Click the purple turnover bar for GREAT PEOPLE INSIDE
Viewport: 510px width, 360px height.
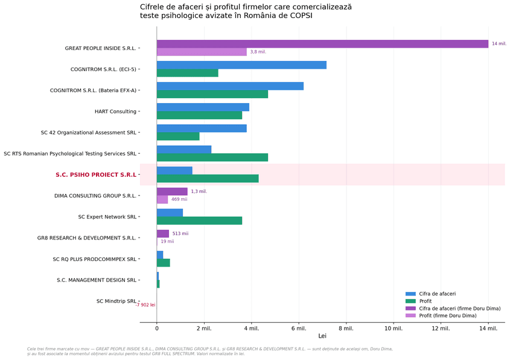tap(322, 44)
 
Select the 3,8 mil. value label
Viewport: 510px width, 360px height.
tap(258, 52)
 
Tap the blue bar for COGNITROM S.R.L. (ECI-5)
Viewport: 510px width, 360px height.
tap(241, 65)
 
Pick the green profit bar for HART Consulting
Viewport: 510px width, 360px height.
tap(199, 115)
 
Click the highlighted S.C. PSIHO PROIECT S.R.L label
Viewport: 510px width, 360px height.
tap(96, 175)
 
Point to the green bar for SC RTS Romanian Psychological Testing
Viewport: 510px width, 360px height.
tap(212, 157)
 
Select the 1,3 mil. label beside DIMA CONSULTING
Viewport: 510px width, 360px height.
tap(199, 191)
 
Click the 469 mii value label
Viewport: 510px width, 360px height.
tap(179, 199)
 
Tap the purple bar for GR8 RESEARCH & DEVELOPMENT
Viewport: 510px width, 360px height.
tap(162, 233)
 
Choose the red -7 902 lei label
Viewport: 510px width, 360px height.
tap(145, 305)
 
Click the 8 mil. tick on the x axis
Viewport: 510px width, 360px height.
tap(346, 329)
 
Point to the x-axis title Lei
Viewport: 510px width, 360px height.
tap(322, 336)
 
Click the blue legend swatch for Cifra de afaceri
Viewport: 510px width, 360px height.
tap(410, 294)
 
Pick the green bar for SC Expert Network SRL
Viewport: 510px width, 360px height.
tap(199, 221)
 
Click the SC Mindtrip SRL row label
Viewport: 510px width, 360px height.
tap(116, 301)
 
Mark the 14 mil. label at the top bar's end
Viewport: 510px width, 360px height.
tap(499, 43)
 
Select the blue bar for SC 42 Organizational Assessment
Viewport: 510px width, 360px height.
tap(202, 128)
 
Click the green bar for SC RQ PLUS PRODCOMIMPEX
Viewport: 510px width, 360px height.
tap(164, 263)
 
